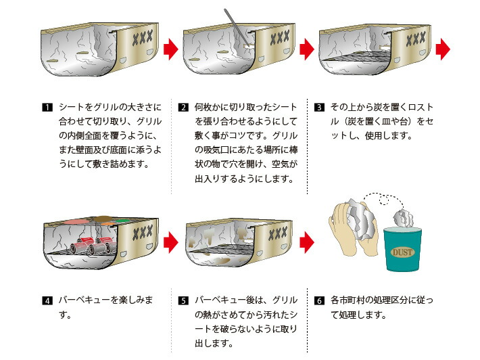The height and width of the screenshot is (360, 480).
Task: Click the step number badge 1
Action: coord(47,108)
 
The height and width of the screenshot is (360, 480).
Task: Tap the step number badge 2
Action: coord(183,108)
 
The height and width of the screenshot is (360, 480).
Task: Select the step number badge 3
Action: coord(320,108)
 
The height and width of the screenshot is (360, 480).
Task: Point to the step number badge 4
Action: coord(47,300)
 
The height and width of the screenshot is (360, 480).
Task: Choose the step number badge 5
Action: coord(183,300)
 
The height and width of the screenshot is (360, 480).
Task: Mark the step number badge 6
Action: coord(320,300)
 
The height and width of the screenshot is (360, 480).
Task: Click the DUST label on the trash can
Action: coord(402,252)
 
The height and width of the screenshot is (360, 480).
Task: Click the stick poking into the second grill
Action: coord(237,30)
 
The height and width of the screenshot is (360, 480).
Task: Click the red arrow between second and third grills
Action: coord(308,49)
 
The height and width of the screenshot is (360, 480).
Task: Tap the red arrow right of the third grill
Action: coord(443,49)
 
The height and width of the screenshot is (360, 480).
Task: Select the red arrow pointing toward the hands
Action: coord(308,240)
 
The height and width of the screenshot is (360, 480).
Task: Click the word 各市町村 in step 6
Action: coord(353,300)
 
